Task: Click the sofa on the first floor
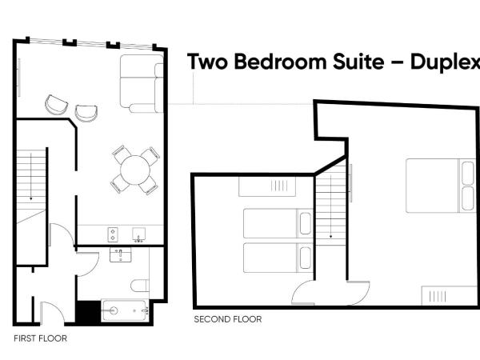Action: (139, 82)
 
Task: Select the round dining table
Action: (134, 169)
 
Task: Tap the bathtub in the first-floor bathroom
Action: (125, 310)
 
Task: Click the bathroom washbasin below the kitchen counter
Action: (121, 255)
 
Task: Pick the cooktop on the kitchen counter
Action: (114, 234)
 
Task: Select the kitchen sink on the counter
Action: (139, 235)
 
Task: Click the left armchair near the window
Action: (56, 104)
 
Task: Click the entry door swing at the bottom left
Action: (50, 312)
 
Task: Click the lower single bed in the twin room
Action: (276, 256)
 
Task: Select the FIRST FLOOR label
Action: (40, 338)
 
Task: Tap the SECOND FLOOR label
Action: (227, 319)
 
